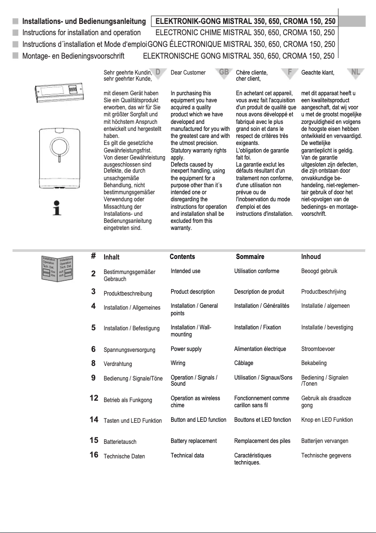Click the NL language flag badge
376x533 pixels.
pos(355,72)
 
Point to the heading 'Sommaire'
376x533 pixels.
pos(250,257)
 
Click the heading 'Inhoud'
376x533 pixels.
pos(311,257)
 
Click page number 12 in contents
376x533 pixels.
pos(94,398)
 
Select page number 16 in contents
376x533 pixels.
pos(94,455)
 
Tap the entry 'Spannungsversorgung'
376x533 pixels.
pos(127,350)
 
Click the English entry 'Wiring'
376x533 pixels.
pos(178,363)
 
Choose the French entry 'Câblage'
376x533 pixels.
pos(244,363)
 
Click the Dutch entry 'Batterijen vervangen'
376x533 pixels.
pos(324,441)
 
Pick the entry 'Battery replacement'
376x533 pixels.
pos(194,441)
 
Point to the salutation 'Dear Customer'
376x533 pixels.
pos(188,73)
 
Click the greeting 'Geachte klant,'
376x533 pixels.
pos(317,73)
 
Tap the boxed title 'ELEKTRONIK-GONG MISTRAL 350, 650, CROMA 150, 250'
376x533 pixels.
pos(245,21)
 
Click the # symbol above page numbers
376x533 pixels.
pos(94,256)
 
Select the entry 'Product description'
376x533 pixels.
pos(193,292)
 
